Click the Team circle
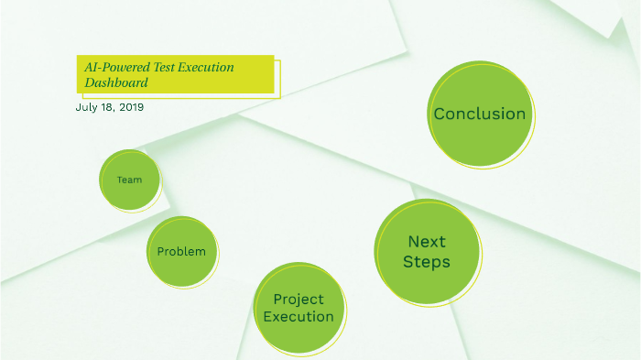[x=129, y=180]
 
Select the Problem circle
[x=182, y=251]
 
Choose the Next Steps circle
[x=427, y=252]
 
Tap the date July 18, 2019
[x=109, y=107]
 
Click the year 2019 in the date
[x=131, y=107]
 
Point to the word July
[x=85, y=107]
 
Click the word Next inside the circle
[x=427, y=242]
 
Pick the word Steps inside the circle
[x=427, y=262]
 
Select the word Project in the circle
[x=298, y=300]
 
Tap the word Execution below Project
[x=298, y=317]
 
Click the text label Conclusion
[x=480, y=115]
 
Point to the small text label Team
[x=129, y=180]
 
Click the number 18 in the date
[x=108, y=107]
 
